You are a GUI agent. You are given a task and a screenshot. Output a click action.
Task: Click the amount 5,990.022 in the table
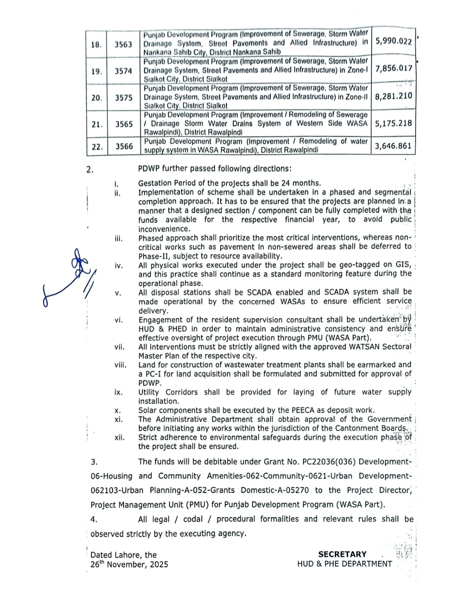coord(393,42)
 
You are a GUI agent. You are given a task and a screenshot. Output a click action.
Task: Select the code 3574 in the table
coord(123,71)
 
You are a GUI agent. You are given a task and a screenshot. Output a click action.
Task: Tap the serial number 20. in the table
coord(97,98)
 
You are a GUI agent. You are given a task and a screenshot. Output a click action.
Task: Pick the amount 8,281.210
coord(393,96)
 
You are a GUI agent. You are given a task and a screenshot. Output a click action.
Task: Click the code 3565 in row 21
coord(123,124)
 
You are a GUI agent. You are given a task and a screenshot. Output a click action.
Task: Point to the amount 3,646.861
coord(393,146)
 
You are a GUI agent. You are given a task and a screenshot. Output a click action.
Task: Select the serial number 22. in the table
coord(97,147)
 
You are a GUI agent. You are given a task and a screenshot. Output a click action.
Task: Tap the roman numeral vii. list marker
coord(119,347)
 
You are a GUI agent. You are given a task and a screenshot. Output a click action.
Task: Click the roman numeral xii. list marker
coord(119,437)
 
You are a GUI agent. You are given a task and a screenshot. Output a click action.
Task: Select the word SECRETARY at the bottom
coord(342,554)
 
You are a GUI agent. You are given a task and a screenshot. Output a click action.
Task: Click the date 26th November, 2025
coord(129,564)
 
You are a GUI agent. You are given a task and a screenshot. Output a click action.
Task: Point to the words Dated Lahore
coord(112,555)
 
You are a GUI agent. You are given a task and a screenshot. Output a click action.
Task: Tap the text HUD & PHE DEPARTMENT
coord(344,564)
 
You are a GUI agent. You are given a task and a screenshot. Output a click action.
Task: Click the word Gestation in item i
coord(155,183)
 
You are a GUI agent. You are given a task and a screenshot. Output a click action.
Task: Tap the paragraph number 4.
coord(93,519)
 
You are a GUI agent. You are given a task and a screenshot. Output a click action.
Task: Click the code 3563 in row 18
coord(123,44)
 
